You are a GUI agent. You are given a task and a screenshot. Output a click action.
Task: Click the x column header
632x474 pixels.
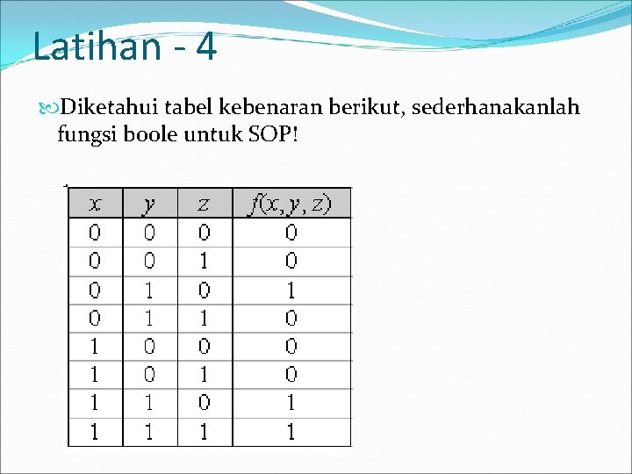click(95, 204)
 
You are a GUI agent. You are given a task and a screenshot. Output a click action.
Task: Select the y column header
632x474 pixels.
click(150, 204)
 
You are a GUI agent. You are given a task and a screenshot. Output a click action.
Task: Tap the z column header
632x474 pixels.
click(204, 204)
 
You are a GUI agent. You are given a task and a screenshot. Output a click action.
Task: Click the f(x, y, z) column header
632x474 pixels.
click(291, 204)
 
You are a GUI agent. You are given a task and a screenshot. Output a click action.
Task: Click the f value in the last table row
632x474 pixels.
click(291, 432)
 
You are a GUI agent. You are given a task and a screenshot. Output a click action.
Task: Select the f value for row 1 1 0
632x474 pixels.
click(291, 403)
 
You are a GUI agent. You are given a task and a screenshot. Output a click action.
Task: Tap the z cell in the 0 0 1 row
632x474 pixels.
click(204, 261)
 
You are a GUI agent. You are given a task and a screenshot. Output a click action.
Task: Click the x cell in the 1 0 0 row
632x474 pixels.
click(95, 346)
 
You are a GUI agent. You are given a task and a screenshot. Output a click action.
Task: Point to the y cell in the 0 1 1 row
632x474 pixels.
click(150, 318)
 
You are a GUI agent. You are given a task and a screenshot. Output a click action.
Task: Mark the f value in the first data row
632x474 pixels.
click(291, 233)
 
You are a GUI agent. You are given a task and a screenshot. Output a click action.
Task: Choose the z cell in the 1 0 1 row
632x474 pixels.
click(204, 375)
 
